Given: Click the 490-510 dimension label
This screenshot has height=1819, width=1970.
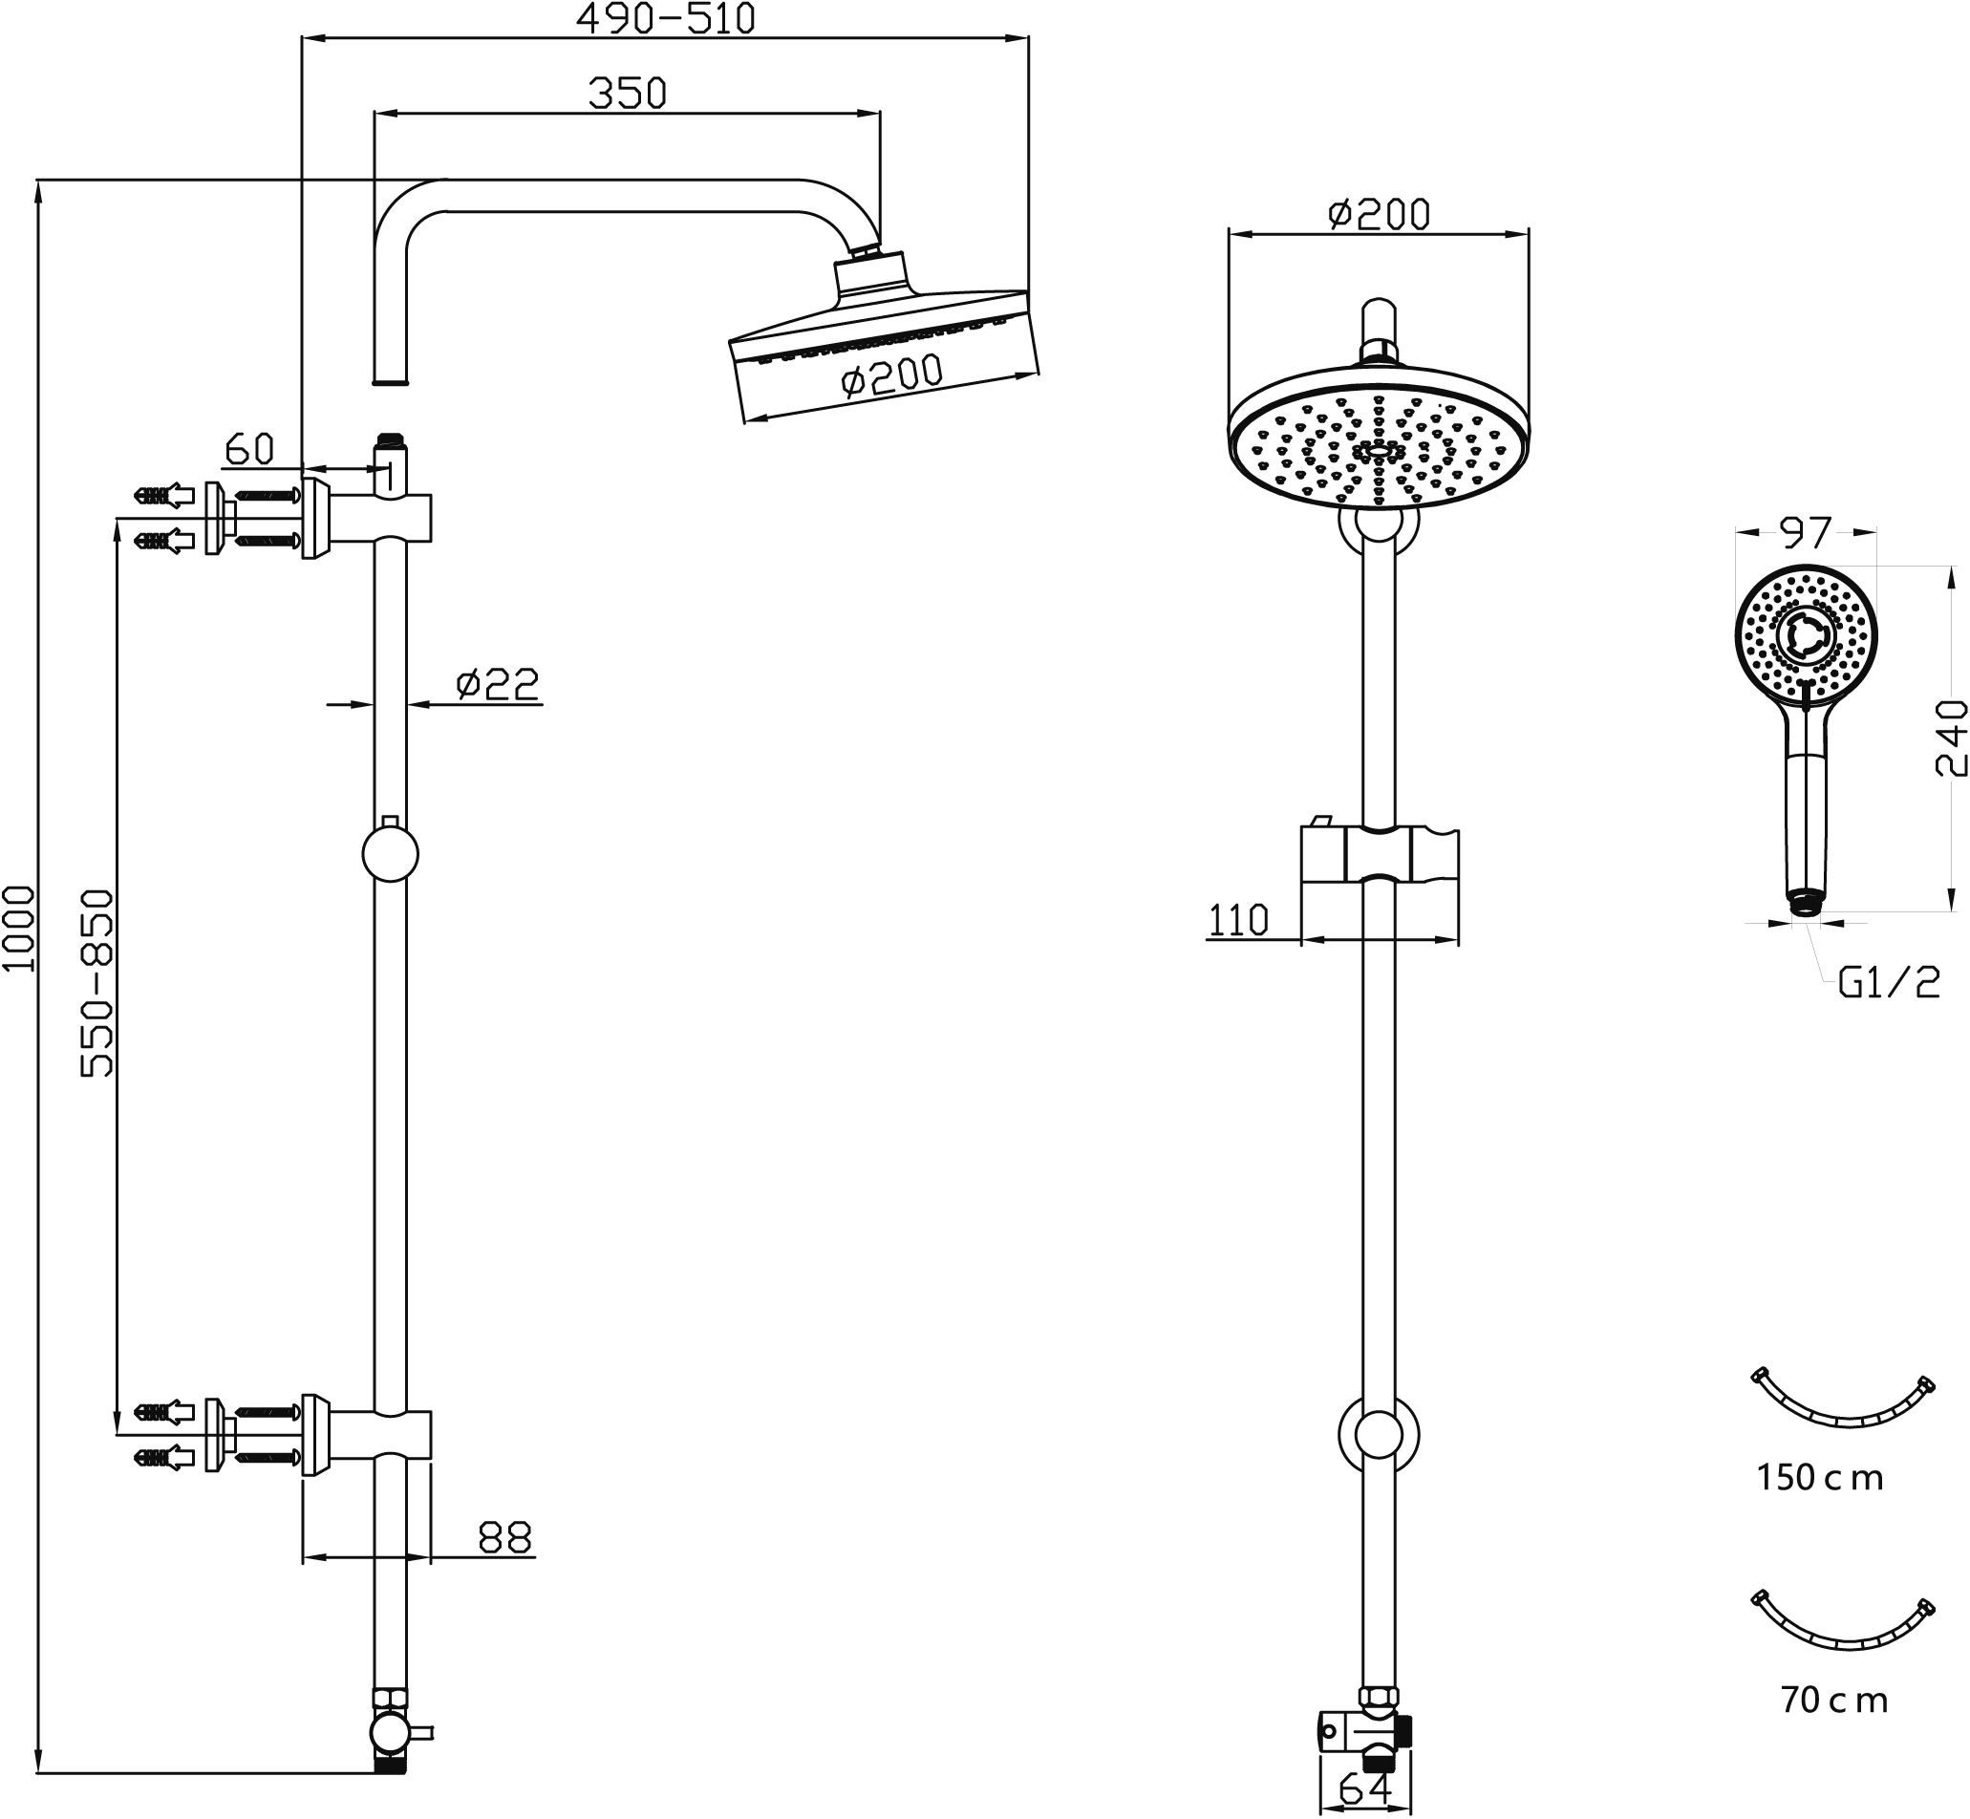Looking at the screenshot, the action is tap(666, 19).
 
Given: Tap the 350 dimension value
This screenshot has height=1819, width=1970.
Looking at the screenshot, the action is tap(627, 94).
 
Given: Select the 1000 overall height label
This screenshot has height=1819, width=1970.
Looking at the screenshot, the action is tap(19, 929).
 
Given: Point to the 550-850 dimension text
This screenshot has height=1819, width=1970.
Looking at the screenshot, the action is tap(97, 983).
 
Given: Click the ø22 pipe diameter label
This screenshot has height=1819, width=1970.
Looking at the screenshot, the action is tap(498, 684).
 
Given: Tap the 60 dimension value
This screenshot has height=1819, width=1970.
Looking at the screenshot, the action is tap(249, 450).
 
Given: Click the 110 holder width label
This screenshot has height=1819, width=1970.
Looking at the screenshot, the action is tap(1237, 920).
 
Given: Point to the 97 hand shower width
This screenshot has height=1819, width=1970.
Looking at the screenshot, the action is tap(1806, 533).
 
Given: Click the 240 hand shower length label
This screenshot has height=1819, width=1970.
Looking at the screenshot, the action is tap(1950, 738).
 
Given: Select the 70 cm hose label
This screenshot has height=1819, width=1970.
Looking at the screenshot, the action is tap(1834, 1700).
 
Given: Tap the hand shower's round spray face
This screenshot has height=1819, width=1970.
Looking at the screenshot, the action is tap(1806, 636).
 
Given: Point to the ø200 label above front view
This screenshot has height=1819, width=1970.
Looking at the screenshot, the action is tap(1379, 214).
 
